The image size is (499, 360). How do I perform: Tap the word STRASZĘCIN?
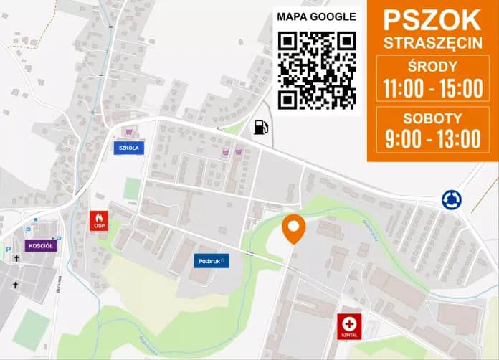pyautogui.click(x=432, y=42)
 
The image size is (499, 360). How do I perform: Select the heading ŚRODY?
pyautogui.click(x=432, y=67)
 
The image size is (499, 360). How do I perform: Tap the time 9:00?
pyautogui.click(x=402, y=138)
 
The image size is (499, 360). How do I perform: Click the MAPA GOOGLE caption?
pyautogui.click(x=316, y=16)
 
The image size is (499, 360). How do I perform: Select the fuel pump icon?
pyautogui.click(x=260, y=128)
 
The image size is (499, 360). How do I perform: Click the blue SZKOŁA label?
pyautogui.click(x=128, y=148)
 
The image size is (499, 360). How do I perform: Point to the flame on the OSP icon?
pyautogui.click(x=99, y=217)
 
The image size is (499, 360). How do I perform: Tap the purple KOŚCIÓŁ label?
pyautogui.click(x=41, y=245)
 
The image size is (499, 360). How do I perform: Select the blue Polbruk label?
pyautogui.click(x=212, y=260)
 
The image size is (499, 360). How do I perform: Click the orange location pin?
pyautogui.click(x=293, y=227)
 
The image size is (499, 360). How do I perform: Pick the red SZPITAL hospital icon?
pyautogui.click(x=349, y=326)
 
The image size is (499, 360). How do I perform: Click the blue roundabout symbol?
pyautogui.click(x=451, y=199)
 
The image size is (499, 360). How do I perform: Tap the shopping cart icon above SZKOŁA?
pyautogui.click(x=129, y=132)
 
